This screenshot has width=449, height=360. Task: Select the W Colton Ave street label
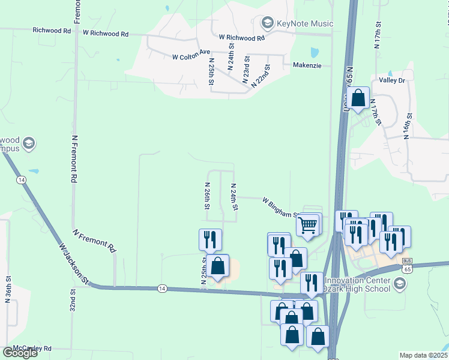[191, 58]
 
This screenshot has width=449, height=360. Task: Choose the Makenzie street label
[307, 65]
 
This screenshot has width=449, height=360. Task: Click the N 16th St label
[408, 126]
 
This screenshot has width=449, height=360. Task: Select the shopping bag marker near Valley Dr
[358, 98]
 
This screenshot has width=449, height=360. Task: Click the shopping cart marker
[308, 226]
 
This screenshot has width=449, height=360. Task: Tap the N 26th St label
[207, 196]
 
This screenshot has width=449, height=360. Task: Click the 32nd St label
[73, 299]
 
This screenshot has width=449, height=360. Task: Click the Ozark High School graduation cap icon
[400, 283]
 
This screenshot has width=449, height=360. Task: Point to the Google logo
[19, 353]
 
